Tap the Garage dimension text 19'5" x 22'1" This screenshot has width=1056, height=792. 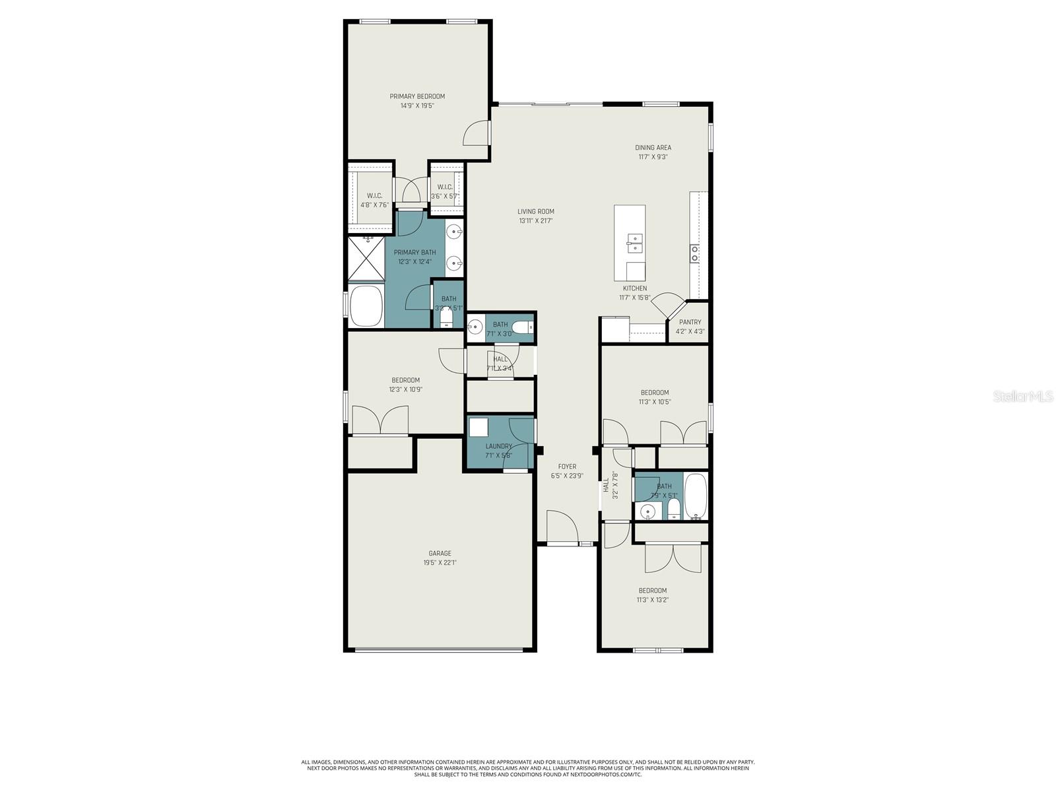coord(440,563)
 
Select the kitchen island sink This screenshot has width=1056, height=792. coord(634,243)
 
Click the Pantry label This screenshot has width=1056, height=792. coord(690,322)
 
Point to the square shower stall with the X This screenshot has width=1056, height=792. coord(366,260)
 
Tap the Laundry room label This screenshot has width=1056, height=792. coord(499,446)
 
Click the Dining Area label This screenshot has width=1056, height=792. coord(653,148)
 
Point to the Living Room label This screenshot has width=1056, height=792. coord(536,212)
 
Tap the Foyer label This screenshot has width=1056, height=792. coord(567,467)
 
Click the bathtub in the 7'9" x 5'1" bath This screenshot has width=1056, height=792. coord(696,496)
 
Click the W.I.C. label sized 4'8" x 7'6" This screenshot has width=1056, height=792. coord(375,196)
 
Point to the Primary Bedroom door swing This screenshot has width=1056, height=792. coord(475,133)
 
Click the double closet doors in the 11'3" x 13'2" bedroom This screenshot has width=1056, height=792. coord(671,558)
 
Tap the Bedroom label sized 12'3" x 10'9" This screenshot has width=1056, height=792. coord(405,380)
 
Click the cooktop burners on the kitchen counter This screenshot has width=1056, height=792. coord(695,254)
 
